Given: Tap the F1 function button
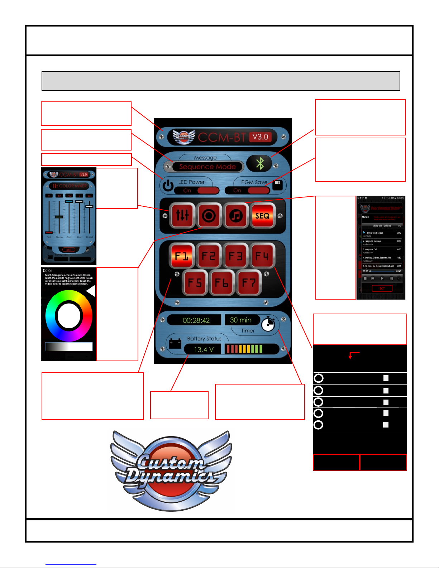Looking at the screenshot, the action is click(182, 256).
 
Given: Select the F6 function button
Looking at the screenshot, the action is click(222, 283).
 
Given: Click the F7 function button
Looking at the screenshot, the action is click(249, 283).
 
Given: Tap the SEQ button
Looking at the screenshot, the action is click(263, 216).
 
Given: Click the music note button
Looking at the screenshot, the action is click(236, 216).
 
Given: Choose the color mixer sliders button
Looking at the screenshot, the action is click(182, 216).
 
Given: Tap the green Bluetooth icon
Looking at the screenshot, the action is click(260, 164).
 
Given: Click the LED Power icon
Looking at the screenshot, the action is click(168, 186).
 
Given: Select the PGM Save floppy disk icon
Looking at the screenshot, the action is click(277, 185).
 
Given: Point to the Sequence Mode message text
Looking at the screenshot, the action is click(207, 167).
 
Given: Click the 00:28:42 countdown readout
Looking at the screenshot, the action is click(196, 320).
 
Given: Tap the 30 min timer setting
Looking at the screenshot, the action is click(241, 320).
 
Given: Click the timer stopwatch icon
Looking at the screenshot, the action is click(268, 324).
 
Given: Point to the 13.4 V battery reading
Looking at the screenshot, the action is click(204, 349).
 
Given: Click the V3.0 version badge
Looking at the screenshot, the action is click(260, 137).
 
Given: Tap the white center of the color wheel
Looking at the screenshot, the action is click(69, 315).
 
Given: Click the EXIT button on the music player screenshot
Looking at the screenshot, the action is click(382, 288).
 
